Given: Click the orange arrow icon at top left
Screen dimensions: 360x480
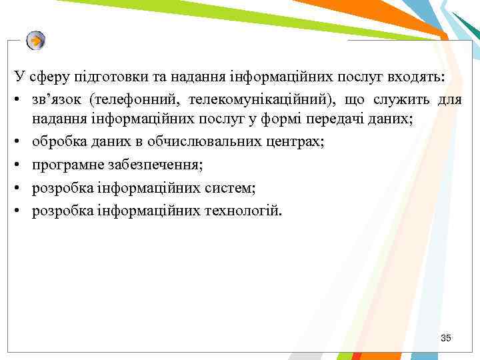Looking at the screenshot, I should coord(36,41).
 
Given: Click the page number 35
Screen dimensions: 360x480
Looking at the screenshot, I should coord(446,339).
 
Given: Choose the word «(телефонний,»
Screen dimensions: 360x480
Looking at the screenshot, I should coord(137,100).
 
